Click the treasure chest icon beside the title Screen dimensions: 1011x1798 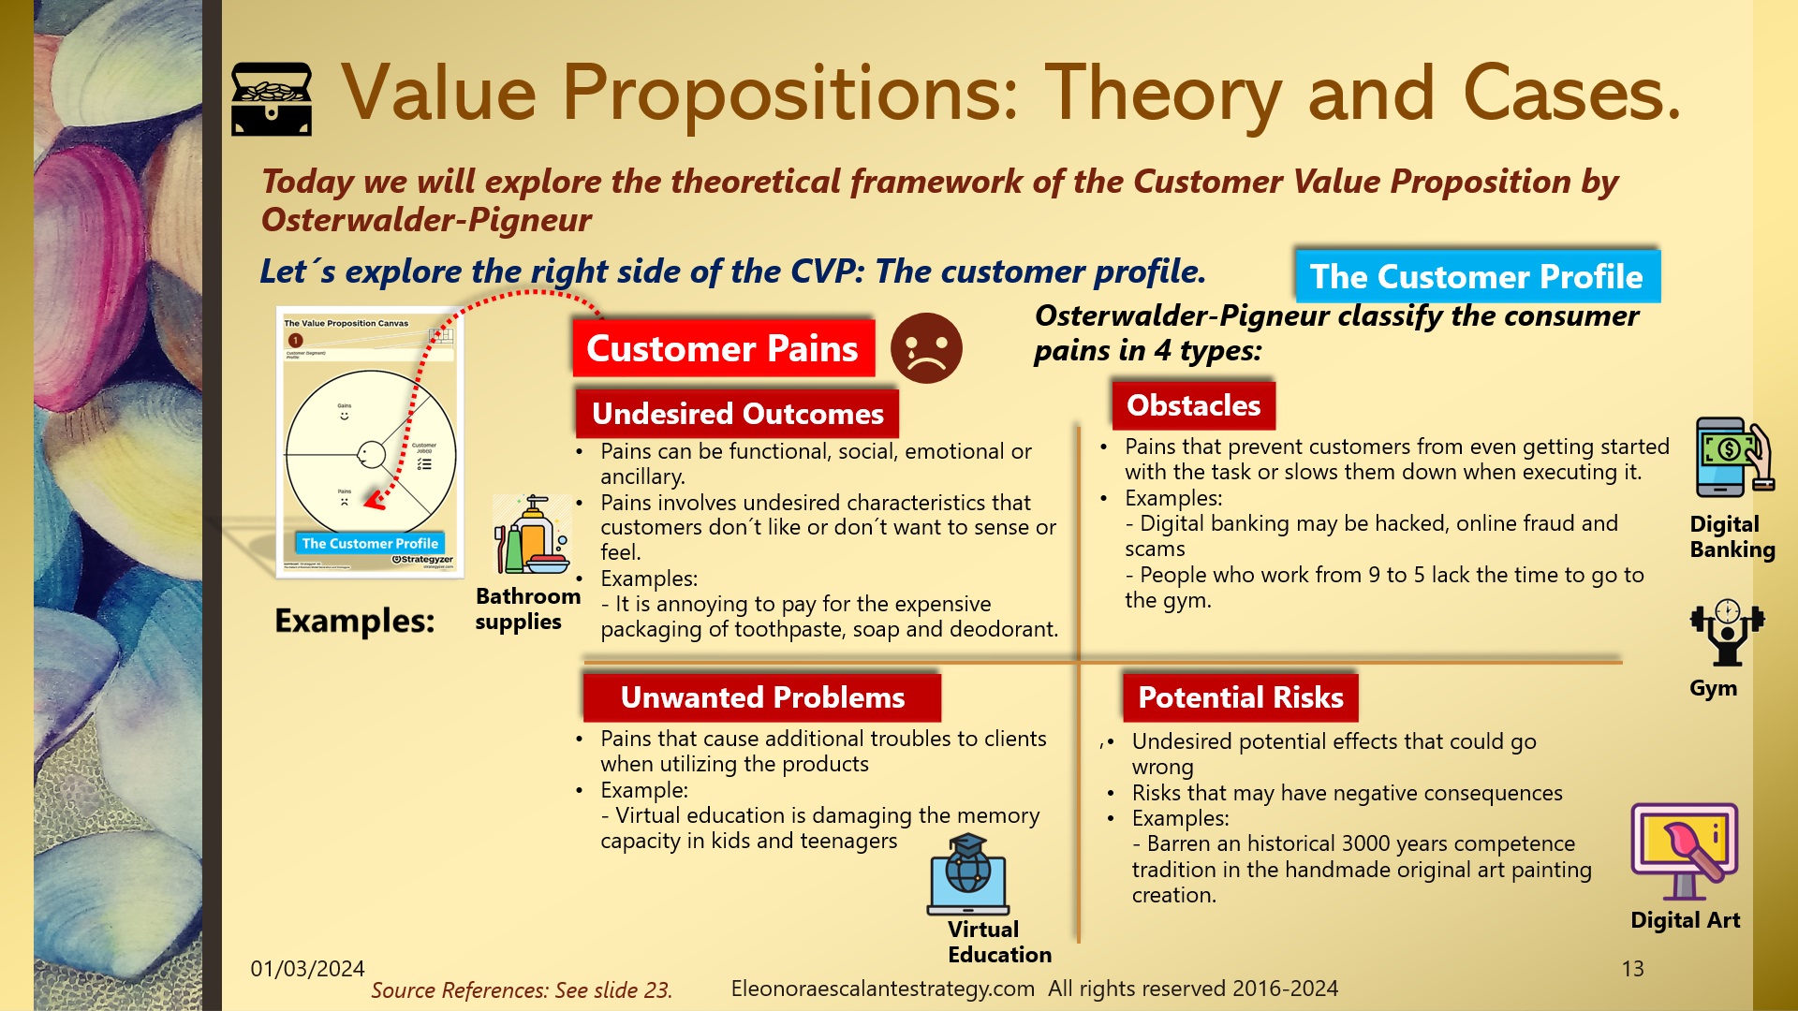tap(272, 99)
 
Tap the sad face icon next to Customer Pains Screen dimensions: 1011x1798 tap(925, 348)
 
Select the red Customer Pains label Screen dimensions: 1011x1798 tap(723, 348)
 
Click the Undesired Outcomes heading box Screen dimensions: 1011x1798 tap(737, 414)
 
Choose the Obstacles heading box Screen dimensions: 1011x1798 tap(1193, 405)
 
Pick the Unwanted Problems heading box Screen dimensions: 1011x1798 tap(761, 697)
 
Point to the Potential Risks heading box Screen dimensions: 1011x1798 tap(1240, 697)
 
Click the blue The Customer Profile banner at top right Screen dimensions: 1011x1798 tap(1477, 276)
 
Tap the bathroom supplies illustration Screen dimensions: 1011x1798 tap(531, 535)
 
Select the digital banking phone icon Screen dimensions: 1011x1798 tap(1732, 458)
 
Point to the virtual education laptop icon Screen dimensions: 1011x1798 tap(968, 875)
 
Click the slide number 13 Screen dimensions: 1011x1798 tap(1632, 969)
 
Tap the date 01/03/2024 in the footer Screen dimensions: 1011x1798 tap(307, 969)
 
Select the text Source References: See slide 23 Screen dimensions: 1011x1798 tap(522, 990)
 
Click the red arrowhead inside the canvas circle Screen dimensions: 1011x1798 tap(375, 502)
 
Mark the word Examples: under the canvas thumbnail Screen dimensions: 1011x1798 tap(354, 621)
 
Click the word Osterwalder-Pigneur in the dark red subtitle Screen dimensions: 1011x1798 tap(426, 220)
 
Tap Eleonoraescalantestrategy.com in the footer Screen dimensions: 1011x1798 tap(882, 989)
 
